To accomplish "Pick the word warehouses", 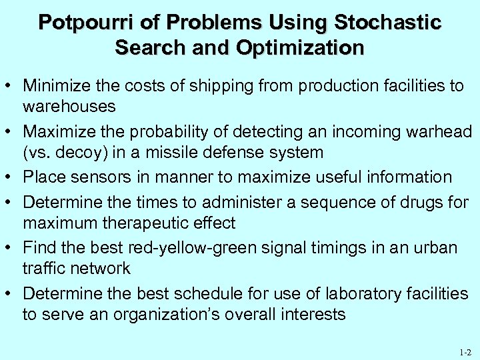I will click(x=69, y=106).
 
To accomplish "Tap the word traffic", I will click(x=45, y=268).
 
